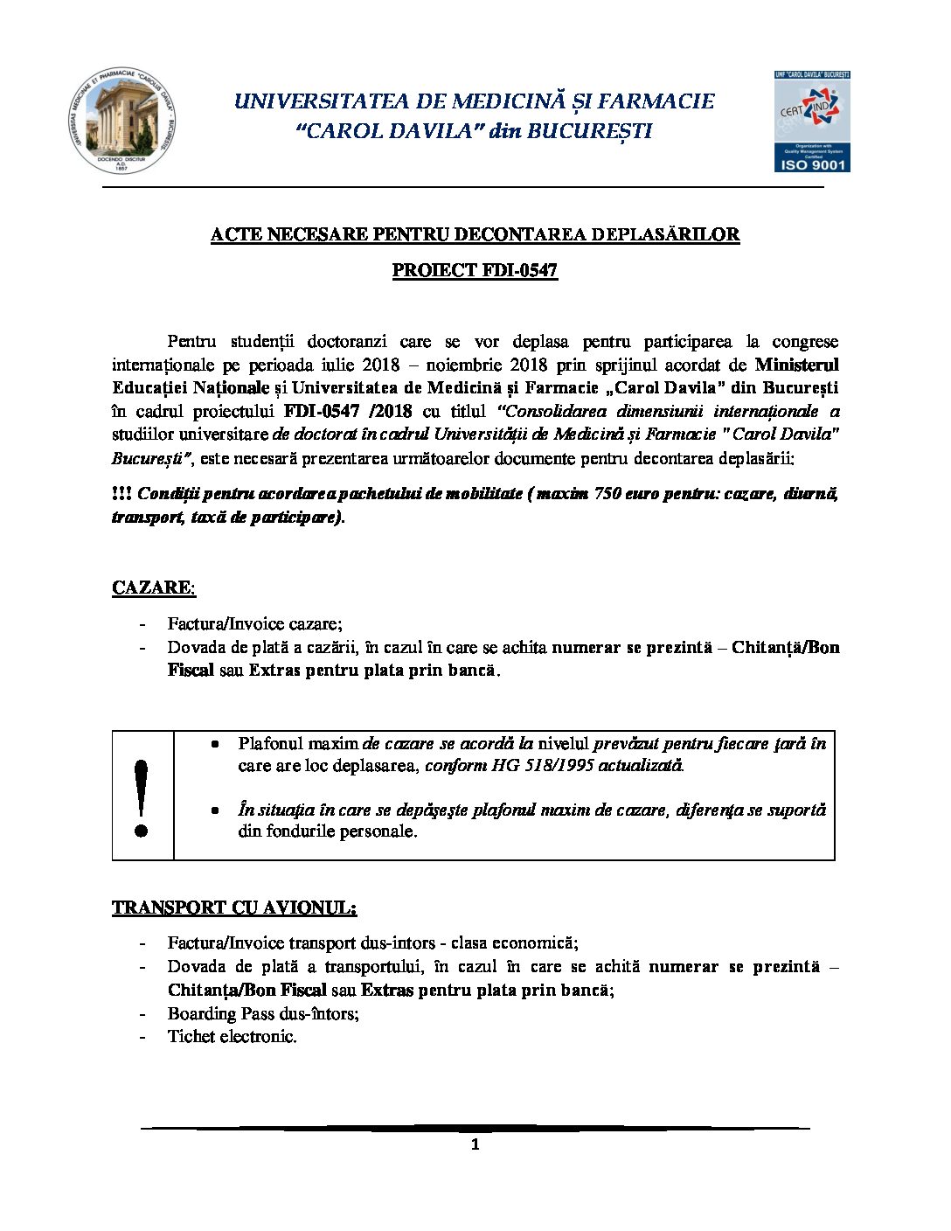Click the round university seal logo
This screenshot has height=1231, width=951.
(x=121, y=121)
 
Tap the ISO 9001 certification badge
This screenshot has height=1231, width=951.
(x=811, y=122)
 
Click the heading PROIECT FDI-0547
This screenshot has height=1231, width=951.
(x=475, y=270)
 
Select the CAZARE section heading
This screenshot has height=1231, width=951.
(x=154, y=588)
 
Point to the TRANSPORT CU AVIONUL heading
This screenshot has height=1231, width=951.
(x=234, y=908)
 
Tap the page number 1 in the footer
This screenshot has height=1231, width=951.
(x=475, y=1145)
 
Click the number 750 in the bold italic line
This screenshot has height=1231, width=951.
(x=608, y=493)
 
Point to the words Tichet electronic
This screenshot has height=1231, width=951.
(x=232, y=1037)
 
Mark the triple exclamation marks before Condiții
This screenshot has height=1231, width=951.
(x=121, y=493)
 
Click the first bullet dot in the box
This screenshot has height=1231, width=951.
(x=214, y=744)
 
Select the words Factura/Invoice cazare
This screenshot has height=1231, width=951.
(x=253, y=623)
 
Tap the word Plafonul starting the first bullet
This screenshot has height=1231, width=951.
(x=267, y=743)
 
